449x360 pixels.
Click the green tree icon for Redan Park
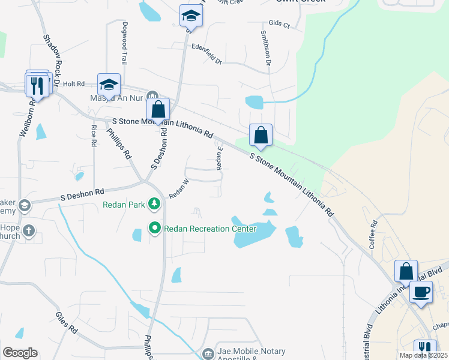click(155, 205)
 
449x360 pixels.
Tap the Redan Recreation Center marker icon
click(155, 228)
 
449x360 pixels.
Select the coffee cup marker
click(421, 292)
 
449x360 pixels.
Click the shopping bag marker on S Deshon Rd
click(158, 110)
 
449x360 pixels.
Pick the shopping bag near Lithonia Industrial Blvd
click(406, 271)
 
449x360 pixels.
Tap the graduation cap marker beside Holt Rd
click(109, 85)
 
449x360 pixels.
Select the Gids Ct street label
click(280, 25)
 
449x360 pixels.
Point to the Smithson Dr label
click(265, 49)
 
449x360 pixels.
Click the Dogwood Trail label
click(125, 44)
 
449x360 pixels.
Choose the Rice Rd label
click(94, 136)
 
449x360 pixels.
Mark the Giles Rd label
click(66, 322)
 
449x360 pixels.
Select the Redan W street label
click(179, 188)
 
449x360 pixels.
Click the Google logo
click(20, 353)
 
